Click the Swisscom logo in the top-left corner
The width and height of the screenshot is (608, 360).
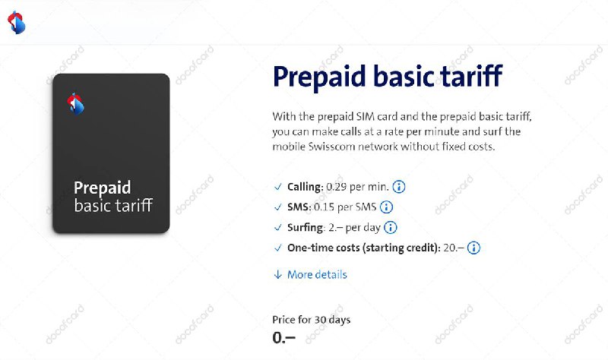pyautogui.click(x=16, y=23)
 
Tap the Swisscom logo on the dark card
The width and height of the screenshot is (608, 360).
pyautogui.click(x=75, y=103)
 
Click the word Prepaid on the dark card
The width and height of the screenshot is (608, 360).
pyautogui.click(x=102, y=188)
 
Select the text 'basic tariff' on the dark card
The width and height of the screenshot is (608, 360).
pyautogui.click(x=112, y=206)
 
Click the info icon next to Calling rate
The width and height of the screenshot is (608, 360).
pyautogui.click(x=399, y=187)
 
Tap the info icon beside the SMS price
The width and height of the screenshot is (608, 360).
pyautogui.click(x=386, y=207)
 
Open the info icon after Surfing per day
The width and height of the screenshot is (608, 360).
pyautogui.click(x=391, y=227)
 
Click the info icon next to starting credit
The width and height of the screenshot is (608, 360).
pyautogui.click(x=474, y=248)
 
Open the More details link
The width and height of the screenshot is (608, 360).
pyautogui.click(x=316, y=274)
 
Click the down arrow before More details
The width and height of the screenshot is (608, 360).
pyautogui.click(x=277, y=274)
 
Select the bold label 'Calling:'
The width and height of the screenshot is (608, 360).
pyautogui.click(x=305, y=187)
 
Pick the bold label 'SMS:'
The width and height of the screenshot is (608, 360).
pyautogui.click(x=299, y=207)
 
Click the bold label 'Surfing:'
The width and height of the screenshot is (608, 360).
pyautogui.click(x=305, y=227)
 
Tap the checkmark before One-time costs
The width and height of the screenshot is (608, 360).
pyautogui.click(x=277, y=248)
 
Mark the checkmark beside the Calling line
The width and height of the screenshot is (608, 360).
pyautogui.click(x=277, y=187)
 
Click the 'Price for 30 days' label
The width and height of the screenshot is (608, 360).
pyautogui.click(x=311, y=320)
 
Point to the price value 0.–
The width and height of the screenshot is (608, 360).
pyautogui.click(x=283, y=338)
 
